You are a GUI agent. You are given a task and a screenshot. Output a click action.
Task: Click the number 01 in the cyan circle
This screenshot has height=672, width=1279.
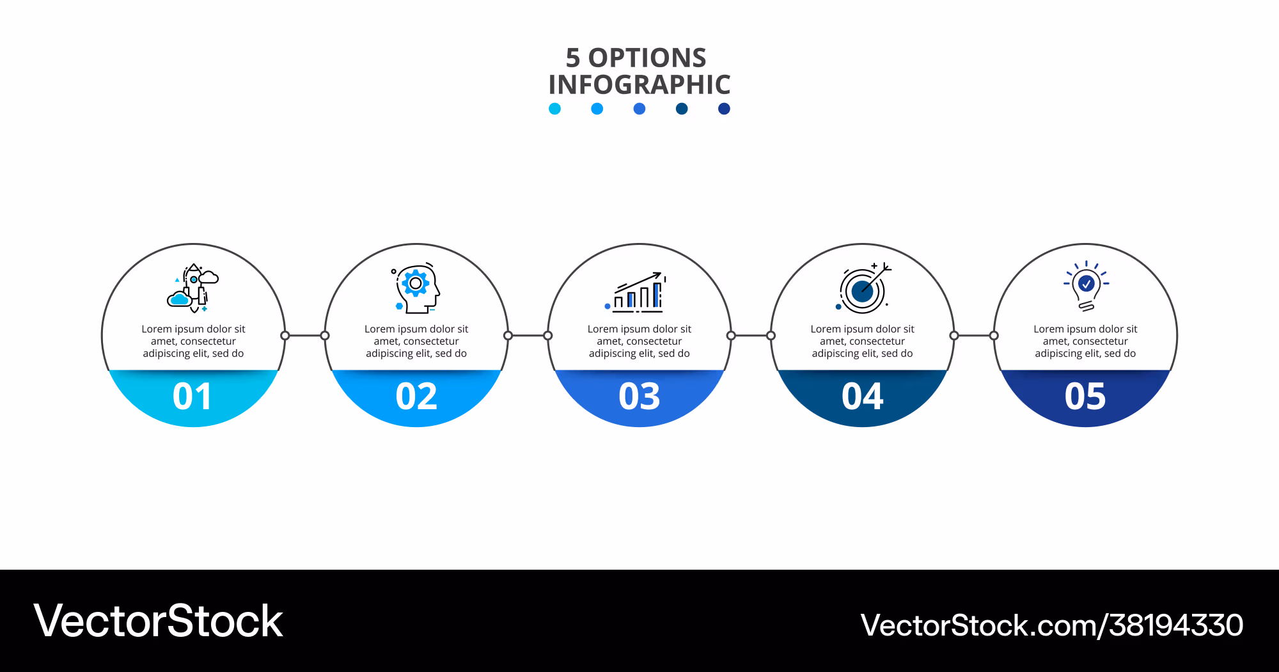pos(192,396)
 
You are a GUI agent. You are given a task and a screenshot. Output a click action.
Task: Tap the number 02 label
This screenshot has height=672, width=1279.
pos(416,396)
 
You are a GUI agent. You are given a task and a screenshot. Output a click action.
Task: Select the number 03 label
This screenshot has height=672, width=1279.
pos(639,396)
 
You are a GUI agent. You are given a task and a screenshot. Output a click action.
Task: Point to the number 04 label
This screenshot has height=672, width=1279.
pos(863,396)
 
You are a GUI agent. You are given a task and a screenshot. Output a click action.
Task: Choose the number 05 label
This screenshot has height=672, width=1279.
pos(1085,396)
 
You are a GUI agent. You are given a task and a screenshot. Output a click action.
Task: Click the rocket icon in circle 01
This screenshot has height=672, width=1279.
pos(193,288)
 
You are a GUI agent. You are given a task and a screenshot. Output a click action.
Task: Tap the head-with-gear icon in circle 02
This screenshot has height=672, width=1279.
pos(416,288)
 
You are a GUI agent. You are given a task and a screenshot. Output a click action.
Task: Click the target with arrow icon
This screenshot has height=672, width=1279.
pos(863,288)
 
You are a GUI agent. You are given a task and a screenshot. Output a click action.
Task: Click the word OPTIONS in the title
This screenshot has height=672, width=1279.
pos(647,58)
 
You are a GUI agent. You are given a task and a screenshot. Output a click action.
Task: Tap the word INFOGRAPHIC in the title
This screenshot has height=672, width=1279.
pos(639,84)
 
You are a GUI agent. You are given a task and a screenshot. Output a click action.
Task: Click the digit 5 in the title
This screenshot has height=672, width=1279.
pos(573,58)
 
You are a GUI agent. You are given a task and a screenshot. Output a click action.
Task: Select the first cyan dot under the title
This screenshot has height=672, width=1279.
pos(554,109)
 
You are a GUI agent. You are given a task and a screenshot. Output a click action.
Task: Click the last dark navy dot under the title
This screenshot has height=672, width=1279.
pos(724,109)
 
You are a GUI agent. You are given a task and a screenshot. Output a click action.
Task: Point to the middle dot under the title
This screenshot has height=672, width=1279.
pos(639,109)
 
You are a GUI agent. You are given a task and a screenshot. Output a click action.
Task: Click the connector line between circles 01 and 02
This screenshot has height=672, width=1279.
pos(305,336)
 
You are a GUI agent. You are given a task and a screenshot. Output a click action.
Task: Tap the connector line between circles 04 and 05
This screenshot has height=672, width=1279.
pos(974,336)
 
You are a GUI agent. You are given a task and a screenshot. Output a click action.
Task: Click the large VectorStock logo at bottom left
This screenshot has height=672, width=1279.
pos(158,621)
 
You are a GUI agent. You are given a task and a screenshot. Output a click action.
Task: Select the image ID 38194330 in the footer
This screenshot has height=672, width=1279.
pos(1176,625)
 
